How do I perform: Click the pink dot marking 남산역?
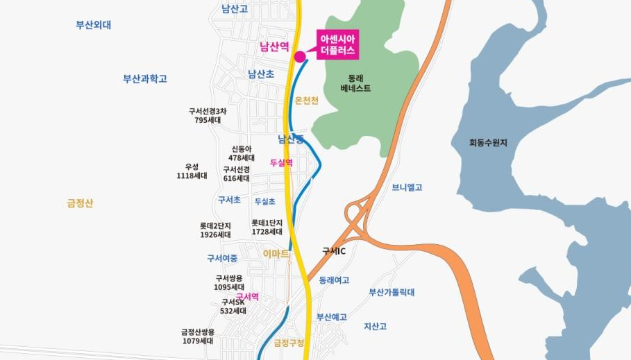(300, 56)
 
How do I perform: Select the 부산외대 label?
(94, 25)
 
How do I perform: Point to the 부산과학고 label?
(145, 78)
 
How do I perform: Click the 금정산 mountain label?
(80, 203)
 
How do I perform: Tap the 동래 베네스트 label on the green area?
(355, 83)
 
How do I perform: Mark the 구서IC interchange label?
(334, 250)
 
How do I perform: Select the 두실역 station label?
(281, 163)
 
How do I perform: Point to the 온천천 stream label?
(306, 101)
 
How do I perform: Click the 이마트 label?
(276, 254)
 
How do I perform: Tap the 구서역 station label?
(247, 296)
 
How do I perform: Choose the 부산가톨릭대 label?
(392, 292)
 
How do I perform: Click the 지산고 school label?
(375, 326)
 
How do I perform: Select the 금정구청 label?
(289, 343)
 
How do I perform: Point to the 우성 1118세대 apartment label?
(192, 171)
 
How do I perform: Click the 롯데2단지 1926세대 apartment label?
(215, 230)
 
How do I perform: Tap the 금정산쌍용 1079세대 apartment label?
(198, 336)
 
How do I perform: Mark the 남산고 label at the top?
(234, 9)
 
